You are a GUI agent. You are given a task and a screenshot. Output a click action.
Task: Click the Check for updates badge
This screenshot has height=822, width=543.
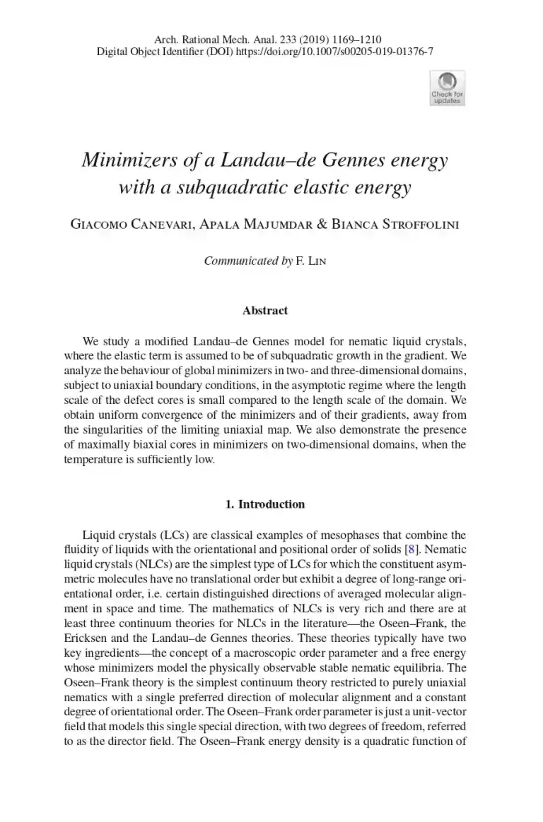pos(447,88)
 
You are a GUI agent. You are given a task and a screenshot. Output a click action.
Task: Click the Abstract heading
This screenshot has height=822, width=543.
pos(265,310)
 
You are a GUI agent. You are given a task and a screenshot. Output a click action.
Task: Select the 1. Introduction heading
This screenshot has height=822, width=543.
pos(265,504)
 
